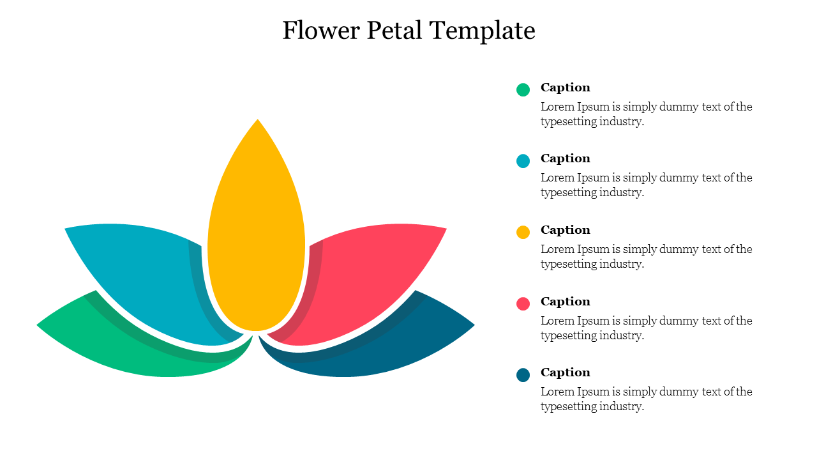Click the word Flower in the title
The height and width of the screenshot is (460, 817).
(318, 31)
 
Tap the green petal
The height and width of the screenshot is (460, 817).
(128, 345)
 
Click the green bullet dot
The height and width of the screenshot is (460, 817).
(523, 90)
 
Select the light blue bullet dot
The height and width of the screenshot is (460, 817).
(523, 161)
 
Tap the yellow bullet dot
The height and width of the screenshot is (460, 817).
(523, 233)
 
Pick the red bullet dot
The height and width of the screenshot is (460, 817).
(523, 304)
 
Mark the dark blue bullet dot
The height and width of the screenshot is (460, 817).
(523, 375)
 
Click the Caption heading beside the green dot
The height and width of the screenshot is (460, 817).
(565, 88)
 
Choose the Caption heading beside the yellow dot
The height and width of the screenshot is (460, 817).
(565, 230)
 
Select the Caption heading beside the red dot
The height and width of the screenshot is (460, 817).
(565, 302)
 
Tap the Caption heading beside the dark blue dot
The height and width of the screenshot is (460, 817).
(565, 372)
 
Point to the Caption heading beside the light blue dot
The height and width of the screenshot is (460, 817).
(565, 158)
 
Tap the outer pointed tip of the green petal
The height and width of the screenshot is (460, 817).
(40, 325)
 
